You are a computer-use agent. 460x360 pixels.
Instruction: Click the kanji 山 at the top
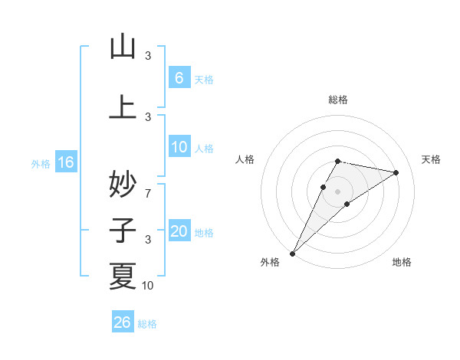pyautogui.click(x=123, y=47)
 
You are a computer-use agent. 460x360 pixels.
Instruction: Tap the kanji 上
pyautogui.click(x=123, y=107)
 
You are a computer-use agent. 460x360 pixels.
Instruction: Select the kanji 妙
pyautogui.click(x=123, y=185)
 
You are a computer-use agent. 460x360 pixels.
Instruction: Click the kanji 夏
pyautogui.click(x=123, y=276)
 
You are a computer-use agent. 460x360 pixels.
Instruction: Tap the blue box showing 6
pyautogui.click(x=179, y=78)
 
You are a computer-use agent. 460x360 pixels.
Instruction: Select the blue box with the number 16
pyautogui.click(x=65, y=162)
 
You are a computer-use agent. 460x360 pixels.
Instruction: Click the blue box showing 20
pyautogui.click(x=179, y=231)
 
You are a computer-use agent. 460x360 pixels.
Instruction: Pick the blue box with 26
pyautogui.click(x=122, y=322)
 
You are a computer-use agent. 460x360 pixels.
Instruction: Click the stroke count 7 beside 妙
pyautogui.click(x=148, y=195)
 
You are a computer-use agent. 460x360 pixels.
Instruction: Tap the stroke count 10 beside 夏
pyautogui.click(x=148, y=286)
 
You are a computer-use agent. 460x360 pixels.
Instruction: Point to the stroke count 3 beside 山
pyautogui.click(x=148, y=56)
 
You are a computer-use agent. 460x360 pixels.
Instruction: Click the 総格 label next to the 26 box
pyautogui.click(x=147, y=324)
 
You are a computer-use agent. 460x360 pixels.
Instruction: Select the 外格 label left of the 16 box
pyautogui.click(x=41, y=163)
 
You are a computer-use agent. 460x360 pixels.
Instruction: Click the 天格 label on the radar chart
pyautogui.click(x=432, y=159)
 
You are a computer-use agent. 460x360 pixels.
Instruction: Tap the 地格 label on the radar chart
pyautogui.click(x=402, y=262)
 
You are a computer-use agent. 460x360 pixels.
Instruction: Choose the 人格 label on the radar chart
pyautogui.click(x=245, y=159)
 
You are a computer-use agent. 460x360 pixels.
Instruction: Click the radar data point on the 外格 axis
pyautogui.click(x=292, y=254)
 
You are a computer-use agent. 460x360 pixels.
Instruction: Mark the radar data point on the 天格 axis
pyautogui.click(x=396, y=172)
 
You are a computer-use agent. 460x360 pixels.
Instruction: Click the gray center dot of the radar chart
pyautogui.click(x=337, y=191)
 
